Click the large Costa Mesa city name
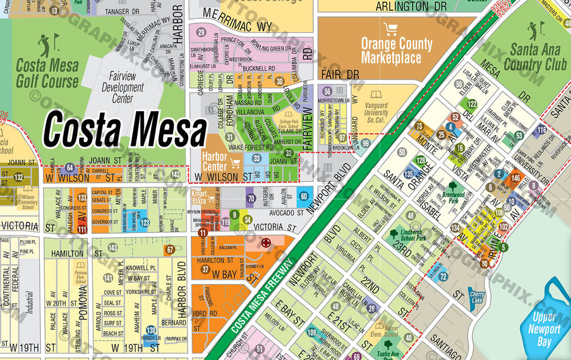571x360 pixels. coord(124,129)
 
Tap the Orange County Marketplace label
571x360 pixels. coord(396,51)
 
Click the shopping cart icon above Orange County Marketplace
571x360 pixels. coord(391,29)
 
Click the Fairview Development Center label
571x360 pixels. coord(123,88)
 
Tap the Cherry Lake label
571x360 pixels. coord(476,297)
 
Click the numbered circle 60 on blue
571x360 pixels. coord(303,196)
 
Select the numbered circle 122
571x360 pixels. coord(472,104)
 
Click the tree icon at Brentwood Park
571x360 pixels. coord(452,187)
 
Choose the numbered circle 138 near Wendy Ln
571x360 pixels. coord(151,330)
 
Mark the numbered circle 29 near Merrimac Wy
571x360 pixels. coord(201,32)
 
